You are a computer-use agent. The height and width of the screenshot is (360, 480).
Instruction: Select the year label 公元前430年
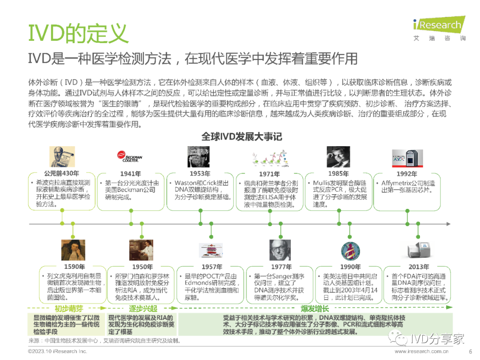[x=61, y=173]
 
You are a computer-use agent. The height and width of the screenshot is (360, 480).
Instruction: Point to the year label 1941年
[x=131, y=174]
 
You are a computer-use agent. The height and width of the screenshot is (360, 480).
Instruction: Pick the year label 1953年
[x=200, y=174]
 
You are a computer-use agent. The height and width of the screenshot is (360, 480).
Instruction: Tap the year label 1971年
[x=269, y=174]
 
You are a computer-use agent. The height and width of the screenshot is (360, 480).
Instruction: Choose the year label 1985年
[x=339, y=174]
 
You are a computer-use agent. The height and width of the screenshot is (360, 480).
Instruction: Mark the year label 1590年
[x=74, y=267]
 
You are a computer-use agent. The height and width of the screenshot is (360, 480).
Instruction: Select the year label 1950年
[x=143, y=267]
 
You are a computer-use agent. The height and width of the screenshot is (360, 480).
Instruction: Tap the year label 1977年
[x=281, y=267]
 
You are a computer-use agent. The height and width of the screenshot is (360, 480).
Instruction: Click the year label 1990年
[x=350, y=267]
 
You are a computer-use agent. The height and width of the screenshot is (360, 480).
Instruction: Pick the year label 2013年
[x=419, y=267]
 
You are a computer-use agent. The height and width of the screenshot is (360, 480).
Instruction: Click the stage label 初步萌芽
[x=68, y=308]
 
